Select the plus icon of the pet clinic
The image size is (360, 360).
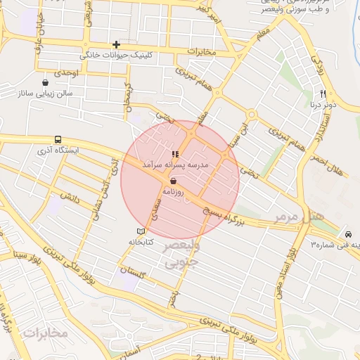click(x=117, y=44)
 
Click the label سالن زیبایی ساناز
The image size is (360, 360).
click(x=48, y=92)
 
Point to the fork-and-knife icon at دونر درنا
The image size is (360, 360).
click(x=323, y=94)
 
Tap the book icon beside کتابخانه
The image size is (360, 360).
click(x=141, y=231)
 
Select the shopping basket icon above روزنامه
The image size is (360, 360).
click(x=173, y=180)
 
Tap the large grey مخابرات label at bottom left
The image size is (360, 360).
click(x=45, y=332)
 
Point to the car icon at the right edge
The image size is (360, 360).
click(x=347, y=234)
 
